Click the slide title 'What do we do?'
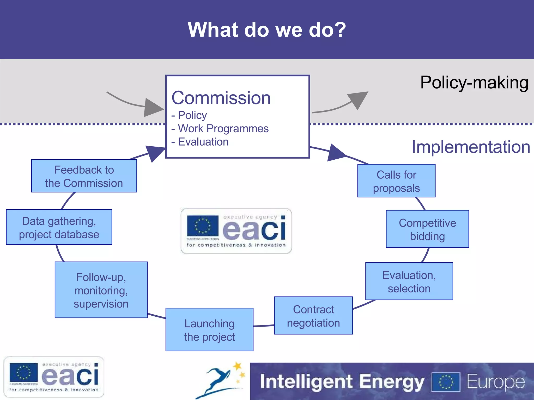click(x=266, y=30)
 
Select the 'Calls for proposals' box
click(x=396, y=181)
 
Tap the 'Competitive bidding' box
click(x=427, y=229)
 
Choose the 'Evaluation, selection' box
click(x=409, y=282)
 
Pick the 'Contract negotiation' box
click(x=313, y=316)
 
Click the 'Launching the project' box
click(x=209, y=330)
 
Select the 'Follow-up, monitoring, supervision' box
click(x=101, y=290)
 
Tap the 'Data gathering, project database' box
click(x=59, y=227)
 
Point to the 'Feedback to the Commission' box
click(x=84, y=176)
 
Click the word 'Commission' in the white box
click(x=221, y=98)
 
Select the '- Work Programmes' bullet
click(x=220, y=128)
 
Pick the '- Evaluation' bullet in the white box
click(x=200, y=142)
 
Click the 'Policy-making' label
click(x=474, y=83)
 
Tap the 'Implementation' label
click(x=471, y=147)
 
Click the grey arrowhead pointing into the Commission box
click(x=154, y=107)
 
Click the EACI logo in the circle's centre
click(x=236, y=231)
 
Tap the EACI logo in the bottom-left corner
click(x=54, y=377)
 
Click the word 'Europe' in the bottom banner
click(x=495, y=382)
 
